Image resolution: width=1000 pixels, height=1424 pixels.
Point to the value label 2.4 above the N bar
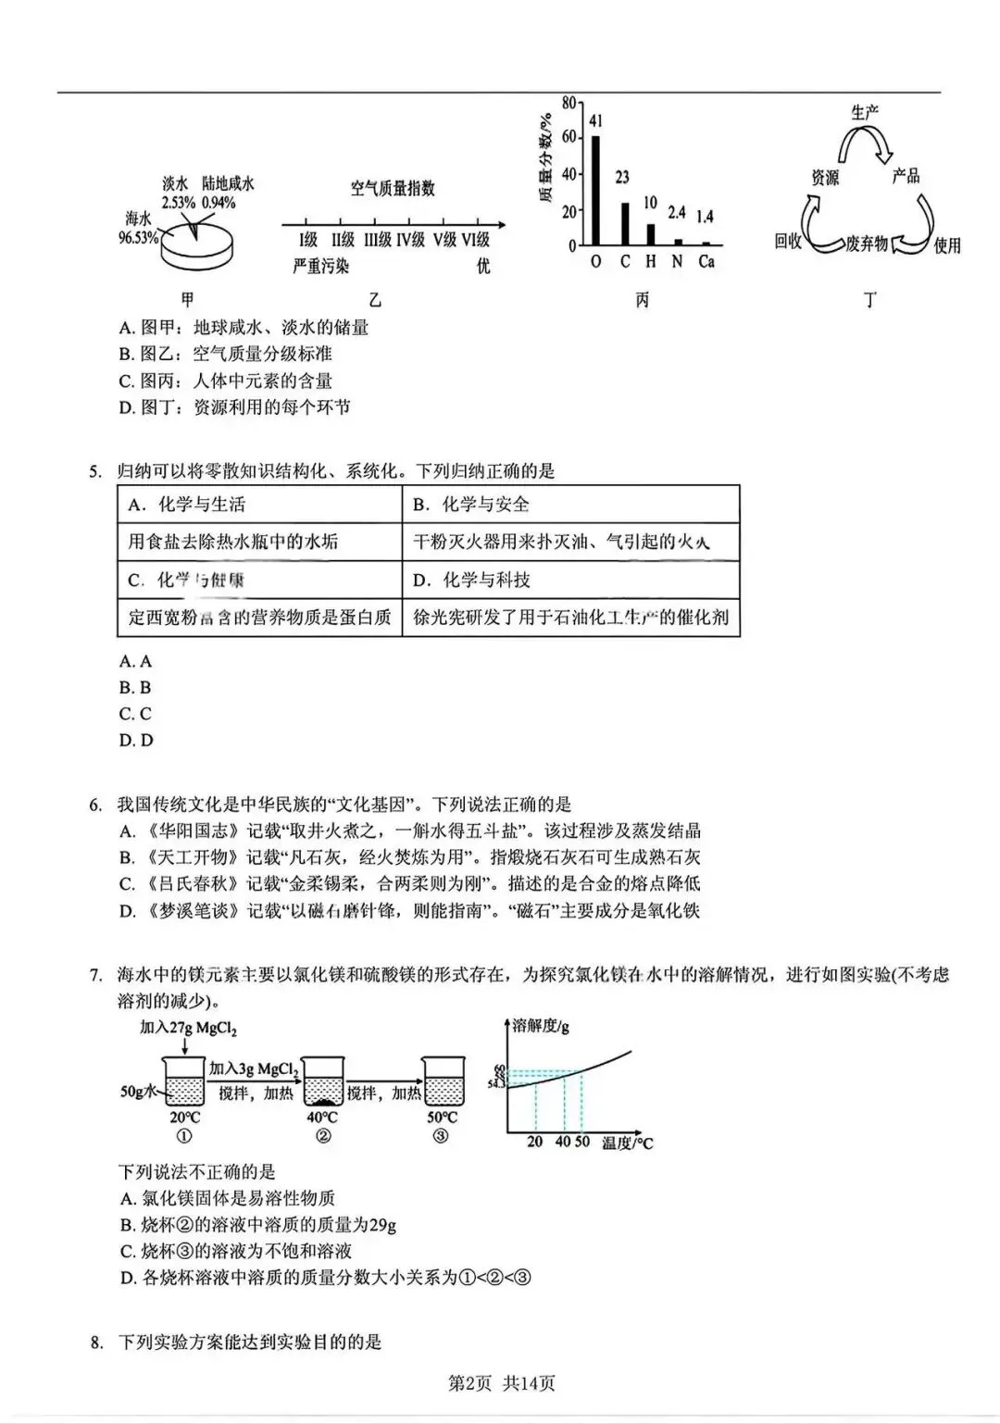(x=677, y=213)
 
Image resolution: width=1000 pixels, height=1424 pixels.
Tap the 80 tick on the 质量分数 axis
(x=569, y=102)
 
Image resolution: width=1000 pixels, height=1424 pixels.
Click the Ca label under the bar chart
(x=706, y=262)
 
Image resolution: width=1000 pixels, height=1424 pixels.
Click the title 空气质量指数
(x=393, y=188)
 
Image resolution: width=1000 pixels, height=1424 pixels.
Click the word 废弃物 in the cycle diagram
(x=867, y=244)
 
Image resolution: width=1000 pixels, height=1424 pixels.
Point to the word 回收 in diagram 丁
(x=788, y=242)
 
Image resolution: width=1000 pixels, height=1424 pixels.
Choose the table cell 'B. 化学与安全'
(x=471, y=505)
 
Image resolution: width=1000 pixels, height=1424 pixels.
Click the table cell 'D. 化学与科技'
(x=472, y=581)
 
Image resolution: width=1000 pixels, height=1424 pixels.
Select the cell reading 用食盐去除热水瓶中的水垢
(x=233, y=542)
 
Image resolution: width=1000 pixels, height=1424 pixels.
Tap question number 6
(x=95, y=805)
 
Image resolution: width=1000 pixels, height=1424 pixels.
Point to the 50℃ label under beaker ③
(x=440, y=1118)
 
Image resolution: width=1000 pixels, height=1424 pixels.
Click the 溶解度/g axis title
(x=541, y=1025)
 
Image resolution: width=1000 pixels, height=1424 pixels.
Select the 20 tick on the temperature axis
(x=535, y=1142)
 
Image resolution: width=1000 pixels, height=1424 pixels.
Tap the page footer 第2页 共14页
(x=501, y=1383)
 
